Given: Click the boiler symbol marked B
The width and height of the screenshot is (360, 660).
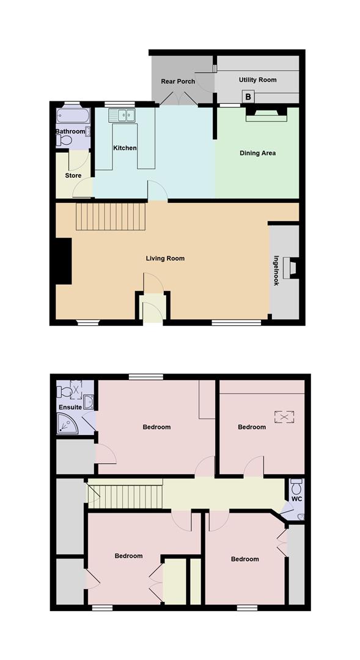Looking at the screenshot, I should [x=249, y=96].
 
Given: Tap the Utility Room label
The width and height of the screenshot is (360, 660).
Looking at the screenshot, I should [x=257, y=79].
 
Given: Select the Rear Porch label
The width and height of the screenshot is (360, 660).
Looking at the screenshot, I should [x=178, y=81].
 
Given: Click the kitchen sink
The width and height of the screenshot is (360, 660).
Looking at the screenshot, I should [x=124, y=114].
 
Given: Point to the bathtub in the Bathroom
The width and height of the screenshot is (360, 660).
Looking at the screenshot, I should [x=73, y=116].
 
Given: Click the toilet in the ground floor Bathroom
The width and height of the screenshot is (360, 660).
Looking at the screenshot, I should [x=64, y=141].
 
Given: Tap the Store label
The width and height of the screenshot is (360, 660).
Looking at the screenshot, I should [x=73, y=176].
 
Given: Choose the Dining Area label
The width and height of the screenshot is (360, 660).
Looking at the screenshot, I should [x=257, y=153].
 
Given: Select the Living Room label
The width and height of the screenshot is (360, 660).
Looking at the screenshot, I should [x=165, y=258].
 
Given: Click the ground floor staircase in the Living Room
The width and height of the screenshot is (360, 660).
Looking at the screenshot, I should [x=111, y=217].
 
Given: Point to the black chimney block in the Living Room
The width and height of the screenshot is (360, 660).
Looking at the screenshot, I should [x=63, y=261].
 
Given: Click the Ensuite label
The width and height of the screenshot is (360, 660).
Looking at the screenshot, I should [x=70, y=407].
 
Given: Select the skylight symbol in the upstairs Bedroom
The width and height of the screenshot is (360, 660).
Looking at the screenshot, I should [x=282, y=417].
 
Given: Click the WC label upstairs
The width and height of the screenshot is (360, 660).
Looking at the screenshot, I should [x=296, y=499].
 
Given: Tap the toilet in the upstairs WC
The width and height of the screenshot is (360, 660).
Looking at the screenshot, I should [x=296, y=486].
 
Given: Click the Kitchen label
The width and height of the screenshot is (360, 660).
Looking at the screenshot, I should [x=125, y=148].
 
